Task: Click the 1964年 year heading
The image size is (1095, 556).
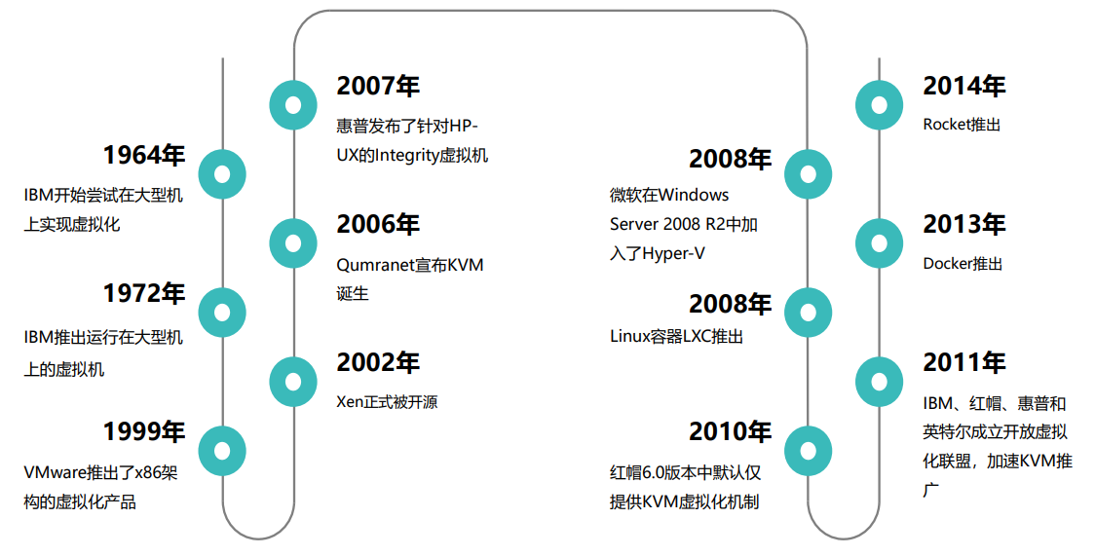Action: (x=143, y=155)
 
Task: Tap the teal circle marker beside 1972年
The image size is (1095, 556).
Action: (x=222, y=313)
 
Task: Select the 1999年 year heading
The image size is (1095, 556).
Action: (x=143, y=431)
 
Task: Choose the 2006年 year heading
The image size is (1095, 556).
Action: (x=378, y=224)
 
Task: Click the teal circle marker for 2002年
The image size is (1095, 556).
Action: (x=292, y=381)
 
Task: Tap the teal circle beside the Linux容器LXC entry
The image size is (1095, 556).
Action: (x=808, y=313)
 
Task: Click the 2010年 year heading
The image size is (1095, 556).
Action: (x=730, y=431)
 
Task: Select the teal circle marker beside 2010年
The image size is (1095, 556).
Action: (x=808, y=451)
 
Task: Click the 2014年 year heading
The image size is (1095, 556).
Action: (x=963, y=86)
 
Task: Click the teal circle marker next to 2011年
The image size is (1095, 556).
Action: (x=879, y=381)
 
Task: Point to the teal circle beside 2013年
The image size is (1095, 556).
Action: (x=879, y=243)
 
